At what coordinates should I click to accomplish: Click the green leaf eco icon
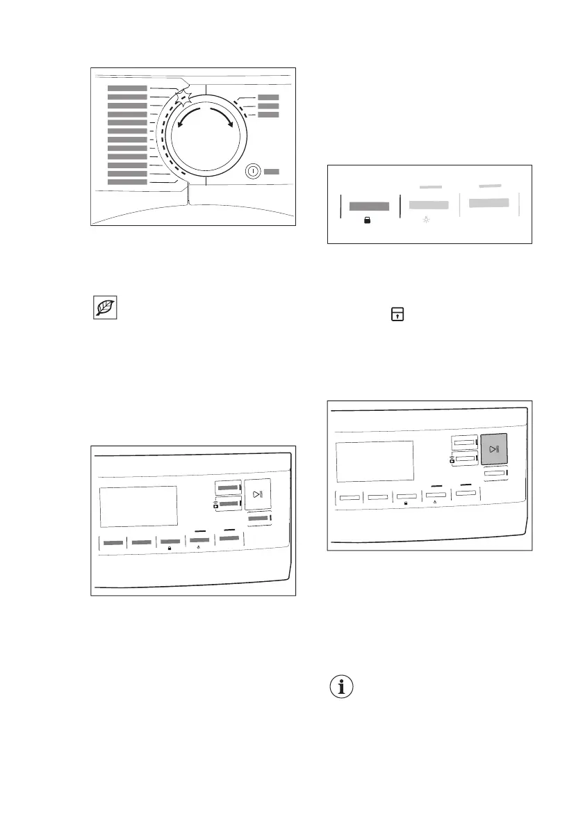(106, 308)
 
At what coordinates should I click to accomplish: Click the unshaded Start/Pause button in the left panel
(258, 495)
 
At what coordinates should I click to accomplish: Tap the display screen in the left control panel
(138, 506)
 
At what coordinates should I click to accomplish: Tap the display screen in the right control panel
(375, 460)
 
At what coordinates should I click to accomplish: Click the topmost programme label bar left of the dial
(127, 88)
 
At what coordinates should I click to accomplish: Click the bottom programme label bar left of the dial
(127, 182)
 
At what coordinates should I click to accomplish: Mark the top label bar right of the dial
(268, 98)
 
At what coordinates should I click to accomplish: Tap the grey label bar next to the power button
(272, 171)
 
